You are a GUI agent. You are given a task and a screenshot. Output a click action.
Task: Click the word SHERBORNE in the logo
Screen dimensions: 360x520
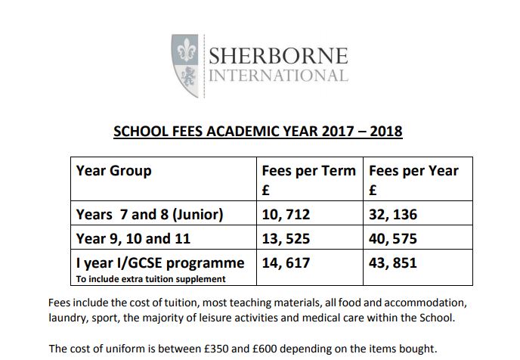click(x=277, y=57)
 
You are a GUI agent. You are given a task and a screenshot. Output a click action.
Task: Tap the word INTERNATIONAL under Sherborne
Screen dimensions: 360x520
click(x=277, y=76)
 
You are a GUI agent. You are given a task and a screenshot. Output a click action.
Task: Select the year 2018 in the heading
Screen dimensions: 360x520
click(x=384, y=132)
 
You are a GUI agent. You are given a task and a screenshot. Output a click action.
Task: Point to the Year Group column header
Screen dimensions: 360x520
click(x=113, y=171)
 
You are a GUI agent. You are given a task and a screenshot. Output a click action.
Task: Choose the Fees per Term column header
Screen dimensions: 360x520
click(x=308, y=171)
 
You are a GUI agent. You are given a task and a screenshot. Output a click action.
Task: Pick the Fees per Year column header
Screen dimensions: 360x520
click(x=413, y=171)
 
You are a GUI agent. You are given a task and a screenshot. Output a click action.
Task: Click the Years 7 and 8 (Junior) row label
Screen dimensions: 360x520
click(x=150, y=215)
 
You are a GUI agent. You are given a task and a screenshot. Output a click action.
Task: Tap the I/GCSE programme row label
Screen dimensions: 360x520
click(x=160, y=263)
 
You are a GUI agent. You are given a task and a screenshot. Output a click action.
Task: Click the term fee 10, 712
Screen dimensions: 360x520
click(x=286, y=215)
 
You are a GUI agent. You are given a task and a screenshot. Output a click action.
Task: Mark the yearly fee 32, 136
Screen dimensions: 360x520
click(x=392, y=215)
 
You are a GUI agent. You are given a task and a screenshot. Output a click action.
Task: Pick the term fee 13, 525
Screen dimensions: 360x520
click(x=286, y=239)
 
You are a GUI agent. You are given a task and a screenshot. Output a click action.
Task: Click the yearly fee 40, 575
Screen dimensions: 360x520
click(x=392, y=239)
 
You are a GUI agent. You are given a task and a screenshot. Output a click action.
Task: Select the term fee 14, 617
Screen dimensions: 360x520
click(x=286, y=263)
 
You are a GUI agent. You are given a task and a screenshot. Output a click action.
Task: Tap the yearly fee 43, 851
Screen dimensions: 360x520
click(x=392, y=263)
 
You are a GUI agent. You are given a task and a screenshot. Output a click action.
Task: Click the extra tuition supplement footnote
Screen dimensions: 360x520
click(x=151, y=279)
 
